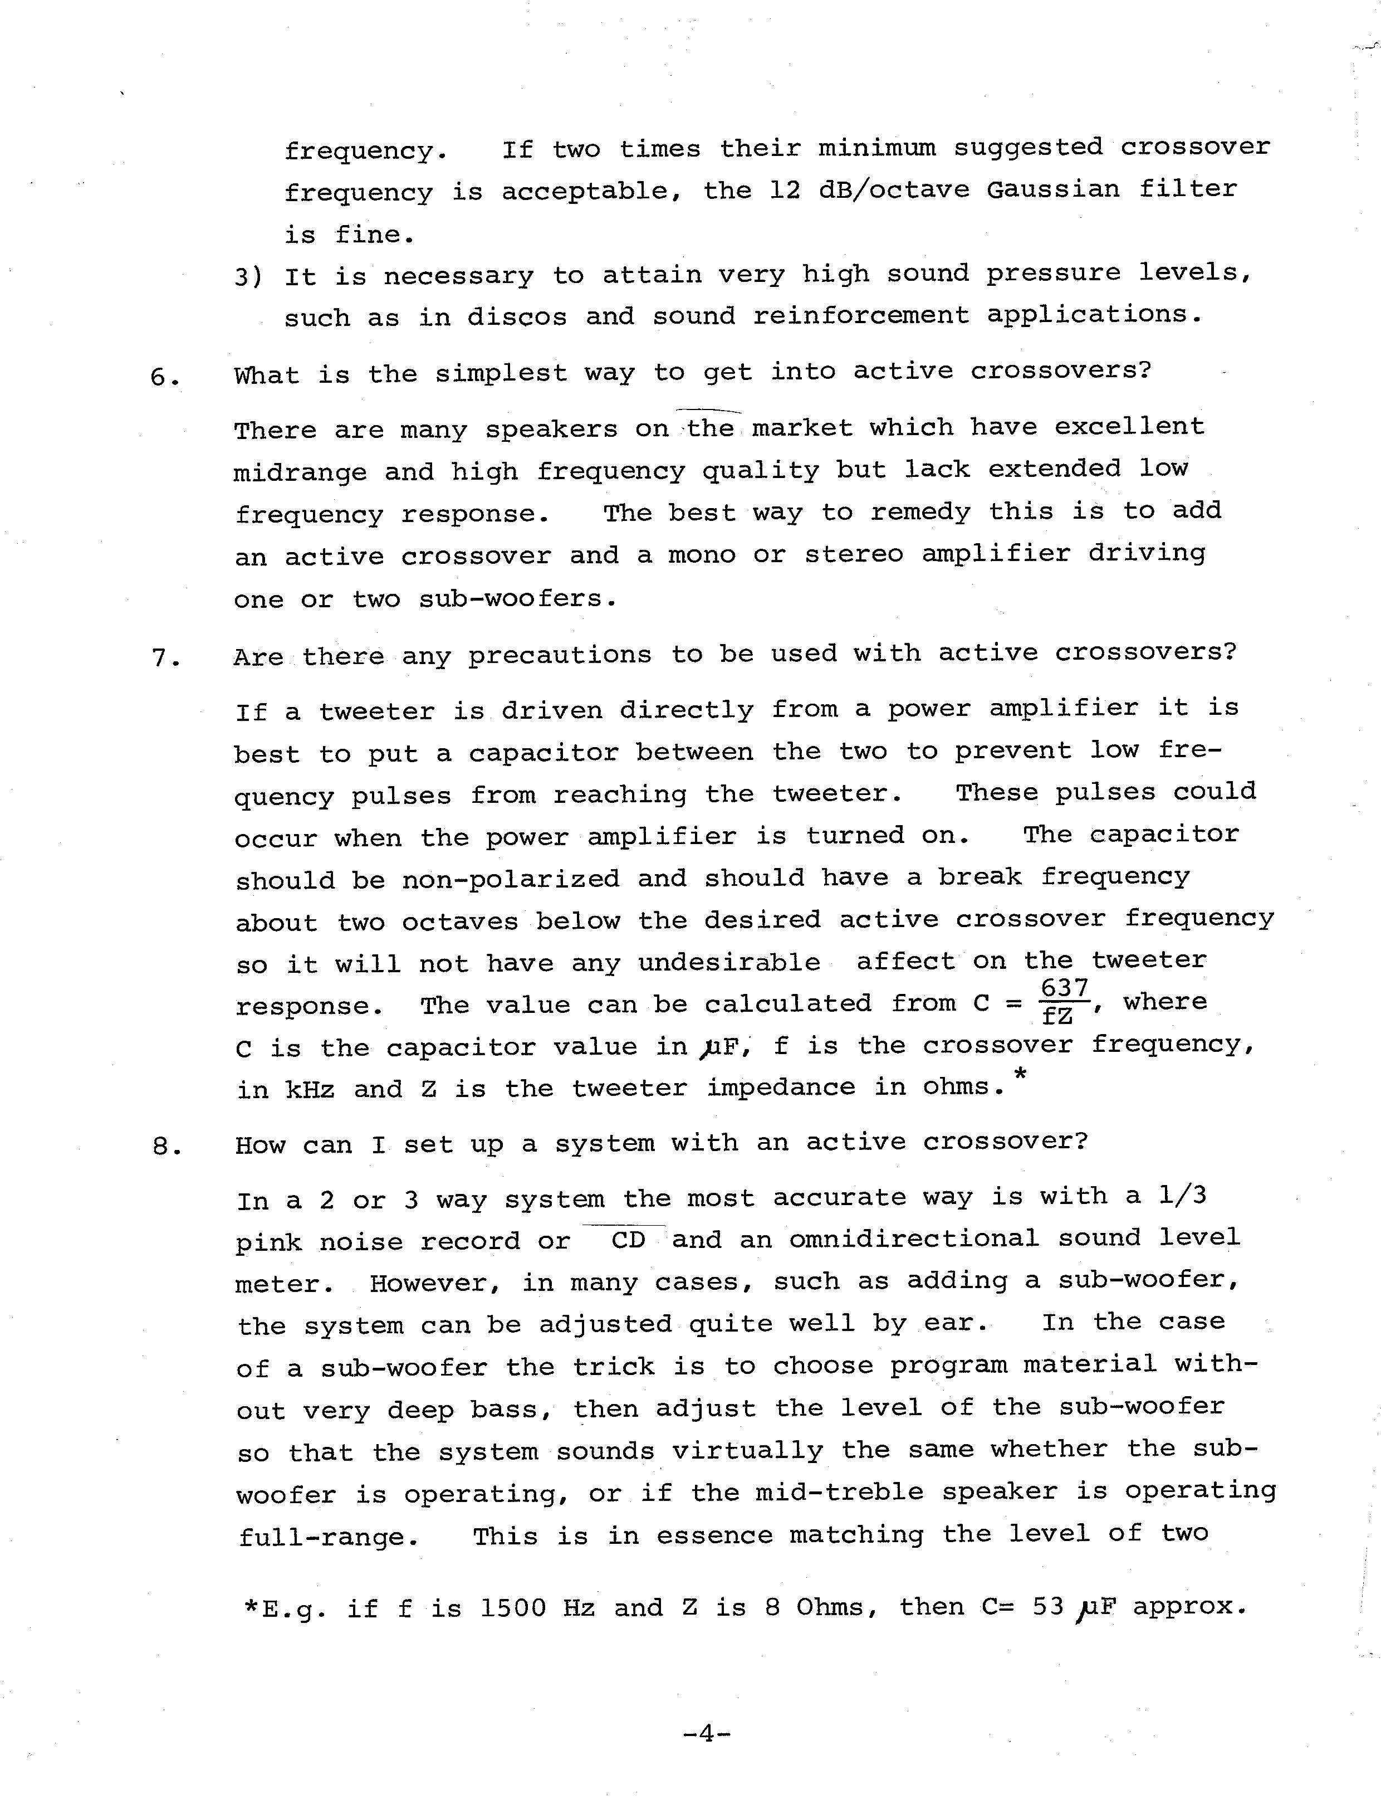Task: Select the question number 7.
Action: click(165, 659)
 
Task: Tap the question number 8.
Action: click(166, 1146)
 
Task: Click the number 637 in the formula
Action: click(1065, 987)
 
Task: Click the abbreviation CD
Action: click(629, 1240)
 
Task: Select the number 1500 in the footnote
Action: click(512, 1607)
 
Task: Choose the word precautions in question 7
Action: click(560, 655)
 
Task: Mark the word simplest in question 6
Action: click(501, 373)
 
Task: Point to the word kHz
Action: click(310, 1090)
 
